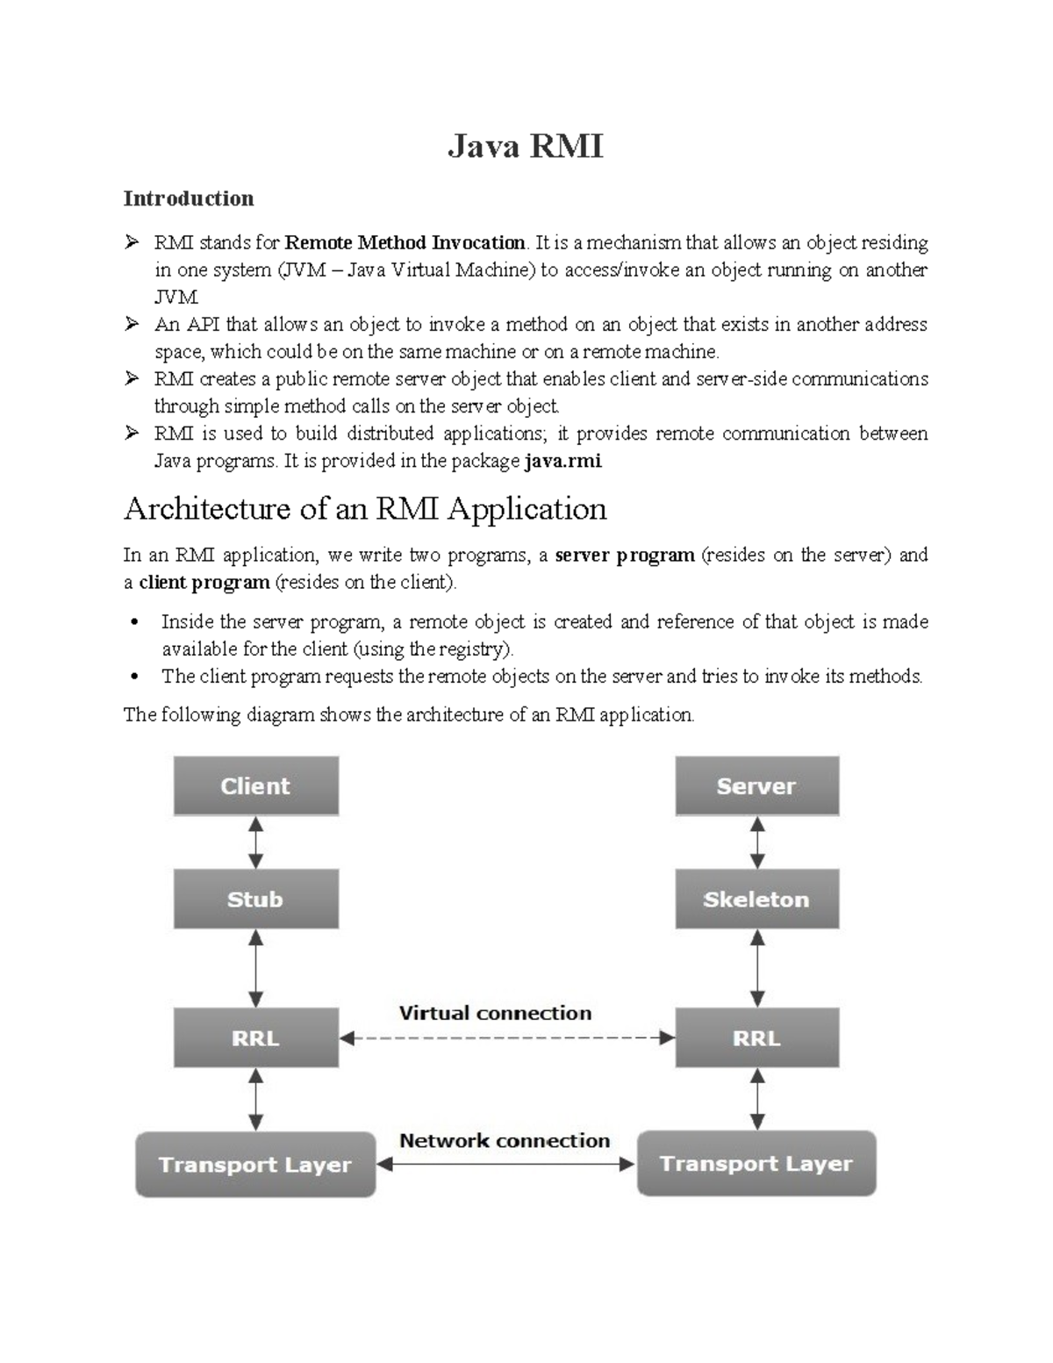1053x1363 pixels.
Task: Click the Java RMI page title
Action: click(526, 146)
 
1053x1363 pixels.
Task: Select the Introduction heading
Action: click(189, 198)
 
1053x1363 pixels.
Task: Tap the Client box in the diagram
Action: click(255, 786)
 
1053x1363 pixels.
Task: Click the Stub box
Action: click(255, 900)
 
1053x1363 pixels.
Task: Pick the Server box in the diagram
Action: click(756, 786)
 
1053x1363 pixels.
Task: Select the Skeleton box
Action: click(756, 900)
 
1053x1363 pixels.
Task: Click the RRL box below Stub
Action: click(255, 1038)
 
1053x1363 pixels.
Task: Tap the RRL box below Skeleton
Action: click(756, 1038)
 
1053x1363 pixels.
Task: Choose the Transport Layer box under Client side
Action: click(255, 1165)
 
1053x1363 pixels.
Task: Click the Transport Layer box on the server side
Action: click(756, 1164)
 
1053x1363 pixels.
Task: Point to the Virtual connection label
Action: click(496, 1013)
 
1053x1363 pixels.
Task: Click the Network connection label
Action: click(505, 1140)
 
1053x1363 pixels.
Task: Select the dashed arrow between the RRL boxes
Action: click(507, 1038)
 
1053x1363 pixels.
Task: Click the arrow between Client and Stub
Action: click(255, 843)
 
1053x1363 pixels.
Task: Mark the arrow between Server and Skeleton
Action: click(757, 843)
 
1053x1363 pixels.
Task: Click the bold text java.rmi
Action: click(562, 461)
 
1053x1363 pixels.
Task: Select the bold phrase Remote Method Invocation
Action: click(405, 242)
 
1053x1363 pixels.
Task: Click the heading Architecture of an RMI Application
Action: click(365, 509)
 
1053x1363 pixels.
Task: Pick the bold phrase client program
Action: click(204, 582)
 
